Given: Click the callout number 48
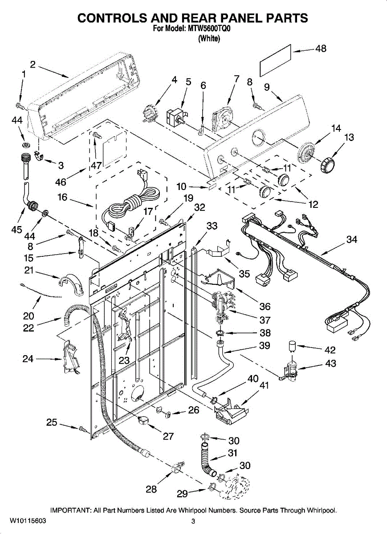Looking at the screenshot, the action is point(321,49).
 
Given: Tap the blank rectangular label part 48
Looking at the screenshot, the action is point(276,61).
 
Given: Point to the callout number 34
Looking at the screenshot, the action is point(352,239).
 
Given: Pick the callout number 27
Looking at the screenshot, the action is point(168,436).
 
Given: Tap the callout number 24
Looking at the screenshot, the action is point(28,359).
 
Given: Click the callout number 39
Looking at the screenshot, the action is point(265,345).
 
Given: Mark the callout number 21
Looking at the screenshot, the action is point(29,270).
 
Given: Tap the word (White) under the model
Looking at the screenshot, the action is point(209,38).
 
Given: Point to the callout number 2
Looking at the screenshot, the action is point(33,65).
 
